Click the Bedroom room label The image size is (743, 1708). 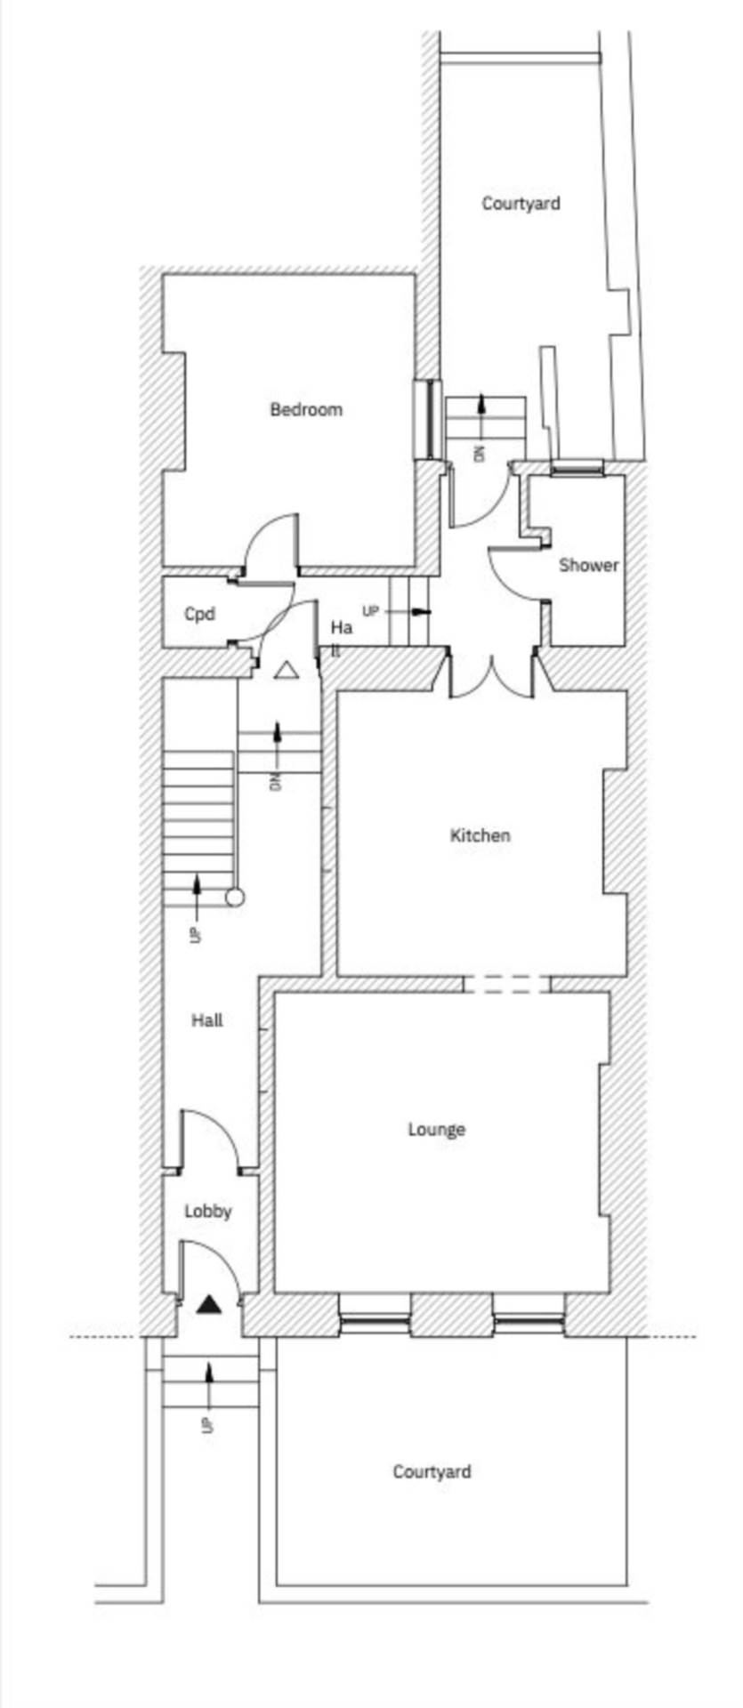(x=306, y=409)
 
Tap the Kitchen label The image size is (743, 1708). (x=481, y=835)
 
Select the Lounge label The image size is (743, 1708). (x=437, y=1130)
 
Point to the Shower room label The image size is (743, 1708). (x=589, y=565)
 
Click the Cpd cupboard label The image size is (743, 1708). (x=199, y=614)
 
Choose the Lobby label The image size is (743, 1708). (x=208, y=1211)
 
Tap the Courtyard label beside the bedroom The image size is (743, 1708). (x=521, y=204)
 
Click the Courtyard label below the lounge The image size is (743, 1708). (x=432, y=1471)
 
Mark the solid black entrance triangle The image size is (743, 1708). (x=209, y=1305)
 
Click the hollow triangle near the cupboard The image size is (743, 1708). (x=286, y=671)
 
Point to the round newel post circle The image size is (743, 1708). (x=235, y=897)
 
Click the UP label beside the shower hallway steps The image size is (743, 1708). (x=371, y=612)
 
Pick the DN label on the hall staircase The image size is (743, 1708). (x=276, y=783)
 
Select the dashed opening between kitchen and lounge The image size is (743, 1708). (x=507, y=984)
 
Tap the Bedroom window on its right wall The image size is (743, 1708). (x=428, y=419)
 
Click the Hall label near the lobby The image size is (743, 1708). (x=207, y=1020)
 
